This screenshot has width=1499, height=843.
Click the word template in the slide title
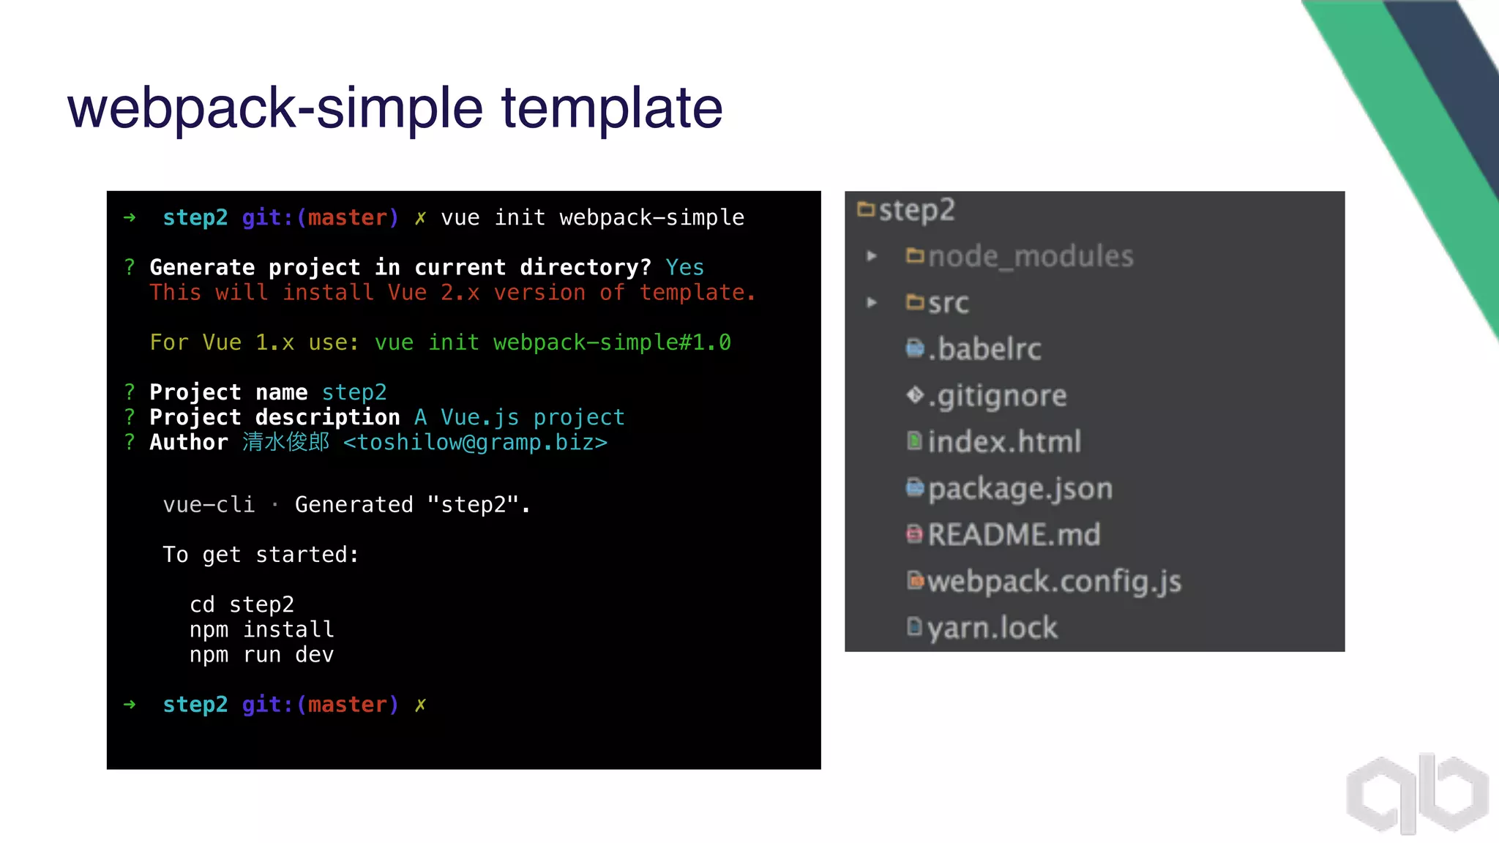[x=611, y=108]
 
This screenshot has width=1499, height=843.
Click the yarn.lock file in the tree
[x=992, y=628]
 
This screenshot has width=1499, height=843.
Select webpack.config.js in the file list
[x=1054, y=582]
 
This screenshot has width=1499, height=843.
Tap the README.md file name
[x=1014, y=535]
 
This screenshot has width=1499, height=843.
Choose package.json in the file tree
[x=1020, y=489]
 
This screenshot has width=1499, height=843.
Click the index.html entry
[x=1004, y=442]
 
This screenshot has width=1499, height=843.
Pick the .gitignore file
[x=997, y=396]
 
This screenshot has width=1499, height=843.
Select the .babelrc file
[x=984, y=349]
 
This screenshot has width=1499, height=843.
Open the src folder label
[x=948, y=303]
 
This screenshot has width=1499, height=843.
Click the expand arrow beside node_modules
[x=871, y=256]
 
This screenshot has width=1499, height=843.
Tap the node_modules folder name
[x=1031, y=256]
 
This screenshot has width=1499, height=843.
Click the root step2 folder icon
[x=866, y=210]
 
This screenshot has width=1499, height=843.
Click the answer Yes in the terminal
[x=684, y=268]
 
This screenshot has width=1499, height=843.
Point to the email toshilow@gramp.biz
[x=475, y=443]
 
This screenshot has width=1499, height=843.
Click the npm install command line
[x=261, y=629]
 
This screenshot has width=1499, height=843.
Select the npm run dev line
[x=261, y=654]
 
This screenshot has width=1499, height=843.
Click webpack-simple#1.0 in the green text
[x=611, y=342]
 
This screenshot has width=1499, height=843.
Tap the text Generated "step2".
[x=412, y=505]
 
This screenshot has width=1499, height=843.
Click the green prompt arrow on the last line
[x=130, y=705]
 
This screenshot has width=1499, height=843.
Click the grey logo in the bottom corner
[x=1417, y=794]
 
